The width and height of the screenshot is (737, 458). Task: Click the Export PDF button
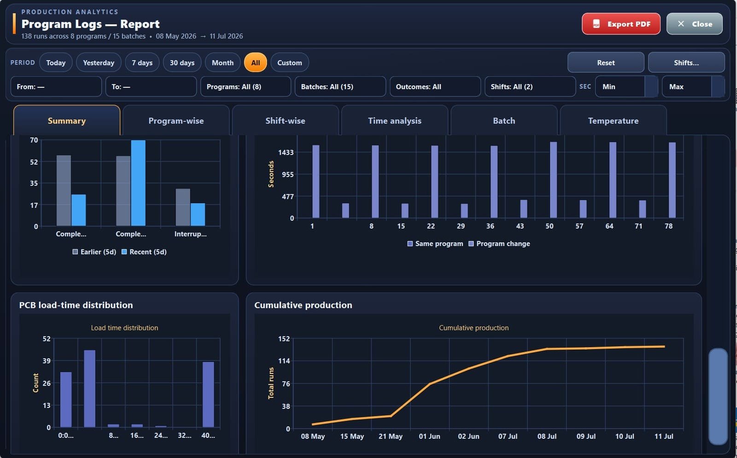point(621,24)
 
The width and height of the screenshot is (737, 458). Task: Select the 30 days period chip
point(182,63)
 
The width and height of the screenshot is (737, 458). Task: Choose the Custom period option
point(290,63)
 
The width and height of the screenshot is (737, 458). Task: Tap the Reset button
point(606,63)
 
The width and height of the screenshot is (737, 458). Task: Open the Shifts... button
point(686,63)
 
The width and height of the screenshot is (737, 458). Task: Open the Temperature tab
point(613,121)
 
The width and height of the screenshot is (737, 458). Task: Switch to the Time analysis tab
point(394,121)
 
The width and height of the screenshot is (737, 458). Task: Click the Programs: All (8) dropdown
point(246,87)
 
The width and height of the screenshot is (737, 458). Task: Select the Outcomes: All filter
point(435,87)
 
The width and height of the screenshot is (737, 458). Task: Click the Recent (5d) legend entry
point(144,252)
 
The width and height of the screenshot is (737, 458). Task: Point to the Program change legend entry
point(499,243)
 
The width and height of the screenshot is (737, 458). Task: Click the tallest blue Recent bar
point(138,183)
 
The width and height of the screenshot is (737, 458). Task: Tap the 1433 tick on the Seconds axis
point(286,152)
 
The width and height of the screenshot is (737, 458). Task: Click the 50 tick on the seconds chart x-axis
point(550,226)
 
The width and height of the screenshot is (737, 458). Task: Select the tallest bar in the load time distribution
point(89,388)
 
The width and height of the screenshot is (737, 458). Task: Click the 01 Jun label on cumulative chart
point(429,436)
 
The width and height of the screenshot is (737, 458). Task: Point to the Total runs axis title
point(271,383)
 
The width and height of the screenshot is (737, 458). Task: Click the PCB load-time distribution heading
point(76,305)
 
